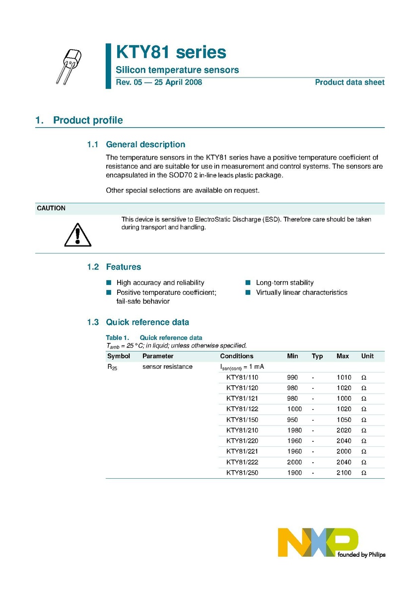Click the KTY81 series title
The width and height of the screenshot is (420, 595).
pyautogui.click(x=171, y=53)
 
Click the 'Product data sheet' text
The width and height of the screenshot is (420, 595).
pyautogui.click(x=350, y=83)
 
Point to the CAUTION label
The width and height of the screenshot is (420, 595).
pyautogui.click(x=51, y=208)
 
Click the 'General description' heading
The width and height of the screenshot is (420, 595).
pyautogui.click(x=145, y=145)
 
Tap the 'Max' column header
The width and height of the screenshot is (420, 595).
pyautogui.click(x=343, y=356)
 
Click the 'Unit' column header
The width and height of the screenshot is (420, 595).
pyautogui.click(x=367, y=356)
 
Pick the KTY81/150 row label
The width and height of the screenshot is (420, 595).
pyautogui.click(x=242, y=420)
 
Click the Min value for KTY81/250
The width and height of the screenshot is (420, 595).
pyautogui.click(x=294, y=473)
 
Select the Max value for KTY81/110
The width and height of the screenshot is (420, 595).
pyautogui.click(x=344, y=377)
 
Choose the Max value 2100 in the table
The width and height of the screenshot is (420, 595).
pyautogui.click(x=344, y=473)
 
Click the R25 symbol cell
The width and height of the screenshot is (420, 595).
pyautogui.click(x=112, y=367)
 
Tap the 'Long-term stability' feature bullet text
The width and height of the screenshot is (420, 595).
pyautogui.click(x=285, y=282)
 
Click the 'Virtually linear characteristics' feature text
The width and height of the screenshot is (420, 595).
pyautogui.click(x=301, y=292)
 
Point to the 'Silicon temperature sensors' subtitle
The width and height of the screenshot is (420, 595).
pyautogui.click(x=177, y=70)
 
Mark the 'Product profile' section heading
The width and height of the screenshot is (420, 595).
pyautogui.click(x=88, y=120)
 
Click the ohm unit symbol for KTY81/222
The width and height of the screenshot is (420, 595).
pyautogui.click(x=363, y=462)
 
